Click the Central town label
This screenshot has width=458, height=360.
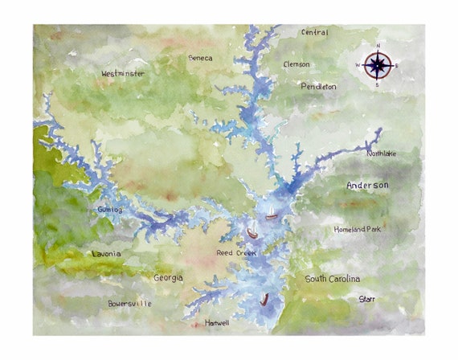[314, 33]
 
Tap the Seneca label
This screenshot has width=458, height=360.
[200, 59]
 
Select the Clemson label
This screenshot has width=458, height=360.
[298, 63]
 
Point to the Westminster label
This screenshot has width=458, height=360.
[123, 74]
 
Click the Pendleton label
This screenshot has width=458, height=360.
[318, 86]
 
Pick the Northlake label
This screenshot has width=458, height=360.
[381, 153]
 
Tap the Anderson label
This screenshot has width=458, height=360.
[367, 186]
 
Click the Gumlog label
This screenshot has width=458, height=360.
[109, 210]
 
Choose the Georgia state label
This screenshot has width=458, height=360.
[168, 278]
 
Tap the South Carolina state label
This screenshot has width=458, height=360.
[332, 279]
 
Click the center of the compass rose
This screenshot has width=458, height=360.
[378, 64]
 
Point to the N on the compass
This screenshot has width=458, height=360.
[378, 46]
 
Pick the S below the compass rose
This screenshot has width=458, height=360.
[377, 84]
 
